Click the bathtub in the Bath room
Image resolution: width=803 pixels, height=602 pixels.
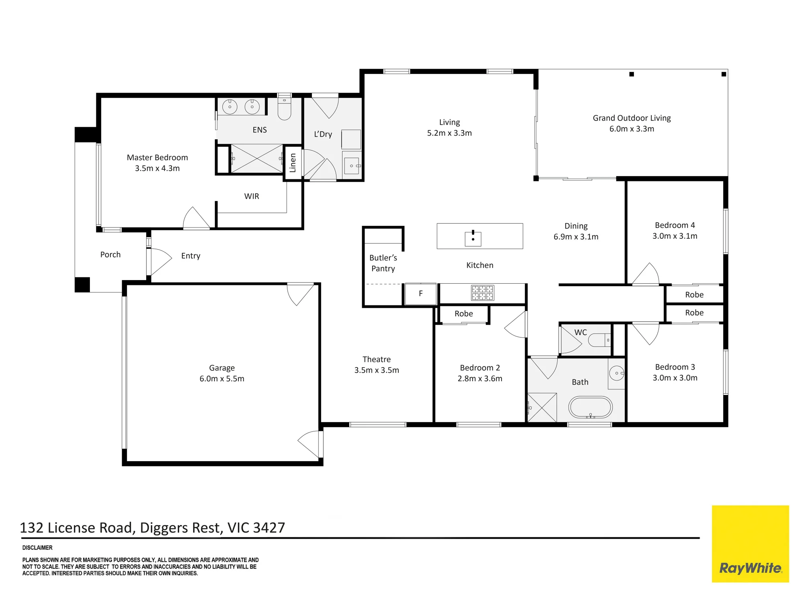pyautogui.click(x=590, y=407)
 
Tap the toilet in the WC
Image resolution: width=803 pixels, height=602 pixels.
pyautogui.click(x=599, y=340)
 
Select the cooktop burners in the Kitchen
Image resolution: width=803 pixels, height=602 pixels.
pyautogui.click(x=483, y=293)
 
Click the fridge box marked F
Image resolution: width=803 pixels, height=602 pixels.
pyautogui.click(x=420, y=294)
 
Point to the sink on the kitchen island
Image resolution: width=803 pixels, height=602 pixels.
pyautogui.click(x=473, y=238)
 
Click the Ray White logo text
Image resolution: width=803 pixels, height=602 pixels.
pyautogui.click(x=750, y=568)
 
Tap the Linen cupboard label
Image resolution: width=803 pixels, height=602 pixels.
pyautogui.click(x=293, y=163)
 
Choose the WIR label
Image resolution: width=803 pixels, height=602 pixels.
pyautogui.click(x=252, y=196)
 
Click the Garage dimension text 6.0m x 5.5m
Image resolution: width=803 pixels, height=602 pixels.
pyautogui.click(x=222, y=378)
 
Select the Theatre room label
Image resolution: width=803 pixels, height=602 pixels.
pyautogui.click(x=377, y=359)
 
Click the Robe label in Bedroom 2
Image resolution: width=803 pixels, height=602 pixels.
pyautogui.click(x=464, y=314)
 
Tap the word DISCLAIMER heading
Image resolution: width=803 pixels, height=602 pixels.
pyautogui.click(x=37, y=548)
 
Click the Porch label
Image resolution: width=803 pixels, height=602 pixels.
pyautogui.click(x=110, y=254)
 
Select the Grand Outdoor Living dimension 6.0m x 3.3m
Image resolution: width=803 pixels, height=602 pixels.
pyautogui.click(x=632, y=129)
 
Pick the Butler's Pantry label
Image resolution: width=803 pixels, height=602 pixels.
pyautogui.click(x=383, y=263)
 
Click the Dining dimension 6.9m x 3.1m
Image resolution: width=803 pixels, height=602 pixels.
pyautogui.click(x=576, y=237)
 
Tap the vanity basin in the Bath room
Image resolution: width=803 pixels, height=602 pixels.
pyautogui.click(x=616, y=373)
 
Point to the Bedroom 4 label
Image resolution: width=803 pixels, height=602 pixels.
pyautogui.click(x=675, y=225)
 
